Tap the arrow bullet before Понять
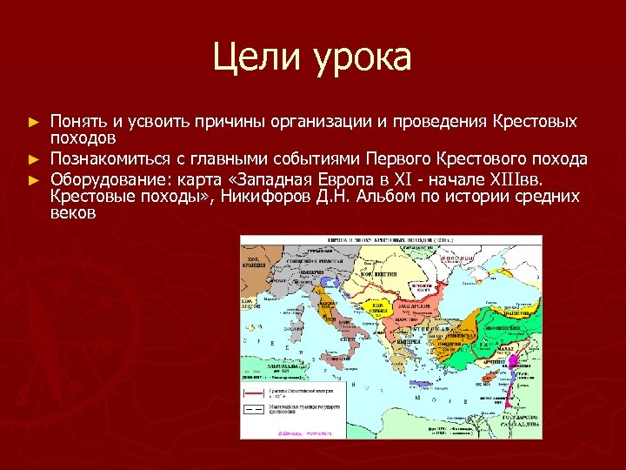click(34, 120)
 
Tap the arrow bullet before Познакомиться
click(34, 159)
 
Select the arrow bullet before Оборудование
click(34, 178)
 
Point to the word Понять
click(77, 120)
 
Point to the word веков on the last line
click(73, 214)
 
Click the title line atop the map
click(390, 240)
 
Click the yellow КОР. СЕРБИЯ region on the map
click(379, 306)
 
